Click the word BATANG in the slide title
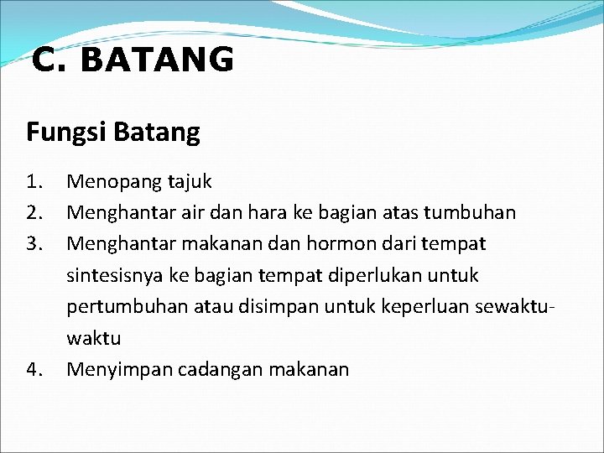point(159,60)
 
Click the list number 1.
point(34,181)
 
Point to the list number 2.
point(34,213)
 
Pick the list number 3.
point(34,244)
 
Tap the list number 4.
point(34,369)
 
